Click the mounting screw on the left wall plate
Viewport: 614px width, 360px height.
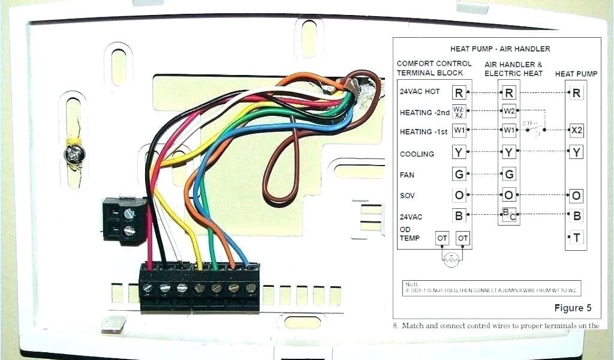pyautogui.click(x=74, y=155)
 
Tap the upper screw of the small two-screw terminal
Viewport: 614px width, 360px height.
pyautogui.click(x=128, y=213)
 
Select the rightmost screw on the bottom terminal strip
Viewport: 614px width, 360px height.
pyautogui.click(x=251, y=289)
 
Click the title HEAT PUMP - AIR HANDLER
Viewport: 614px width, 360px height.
pyautogui.click(x=500, y=49)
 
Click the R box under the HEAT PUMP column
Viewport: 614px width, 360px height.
pyautogui.click(x=576, y=93)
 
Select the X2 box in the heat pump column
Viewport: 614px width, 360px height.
pyautogui.click(x=576, y=130)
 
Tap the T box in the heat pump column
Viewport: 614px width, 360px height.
pyautogui.click(x=576, y=238)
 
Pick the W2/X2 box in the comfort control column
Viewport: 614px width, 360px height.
pyautogui.click(x=459, y=111)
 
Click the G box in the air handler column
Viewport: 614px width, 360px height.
pyautogui.click(x=509, y=175)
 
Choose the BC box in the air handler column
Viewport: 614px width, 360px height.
pyautogui.click(x=509, y=214)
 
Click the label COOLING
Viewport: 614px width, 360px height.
pyautogui.click(x=417, y=154)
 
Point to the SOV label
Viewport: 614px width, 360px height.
pyautogui.click(x=407, y=196)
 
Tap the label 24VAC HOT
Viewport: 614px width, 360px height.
pyautogui.click(x=420, y=92)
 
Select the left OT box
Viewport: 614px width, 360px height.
pyautogui.click(x=443, y=238)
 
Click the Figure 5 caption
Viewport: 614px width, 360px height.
pyautogui.click(x=572, y=308)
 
